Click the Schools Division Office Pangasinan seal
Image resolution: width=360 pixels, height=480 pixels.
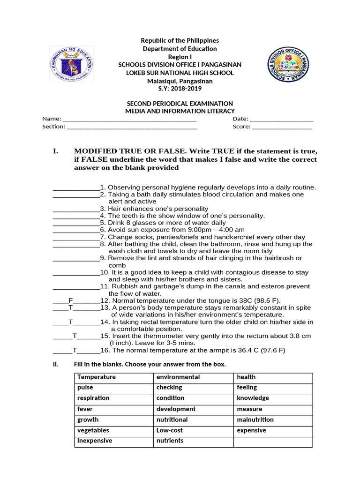click(289, 65)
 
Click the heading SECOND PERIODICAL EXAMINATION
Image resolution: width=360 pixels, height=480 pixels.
click(180, 104)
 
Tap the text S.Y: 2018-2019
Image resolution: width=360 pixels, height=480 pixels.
click(180, 89)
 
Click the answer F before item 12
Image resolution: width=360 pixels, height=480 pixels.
click(71, 300)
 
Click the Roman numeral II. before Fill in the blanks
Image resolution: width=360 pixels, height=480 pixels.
click(55, 364)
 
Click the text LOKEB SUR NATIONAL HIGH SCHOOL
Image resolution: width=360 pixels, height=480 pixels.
click(180, 73)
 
